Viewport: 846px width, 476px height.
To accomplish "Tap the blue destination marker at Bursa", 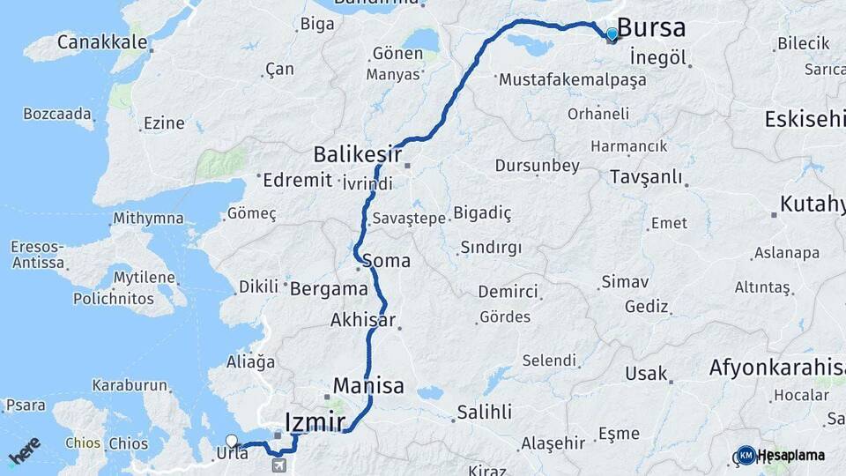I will [612, 34].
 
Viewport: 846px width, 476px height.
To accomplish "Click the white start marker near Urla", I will [232, 441].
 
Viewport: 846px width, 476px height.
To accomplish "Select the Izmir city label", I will [315, 421].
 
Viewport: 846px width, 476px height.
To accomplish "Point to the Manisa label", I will [368, 385].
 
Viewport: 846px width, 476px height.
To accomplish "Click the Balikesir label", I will [357, 155].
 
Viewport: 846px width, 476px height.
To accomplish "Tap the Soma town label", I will [386, 261].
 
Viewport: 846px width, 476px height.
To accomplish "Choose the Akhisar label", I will [362, 320].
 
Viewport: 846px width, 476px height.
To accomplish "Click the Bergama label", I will [328, 288].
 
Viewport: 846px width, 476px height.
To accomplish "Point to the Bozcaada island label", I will [57, 114].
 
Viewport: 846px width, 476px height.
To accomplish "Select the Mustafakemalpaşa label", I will [572, 79].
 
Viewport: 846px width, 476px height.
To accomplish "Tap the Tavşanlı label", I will [646, 177].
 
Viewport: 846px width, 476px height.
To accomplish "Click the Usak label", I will [646, 374].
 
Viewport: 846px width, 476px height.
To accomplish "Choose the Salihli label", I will [483, 412].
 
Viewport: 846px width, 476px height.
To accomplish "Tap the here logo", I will [24, 450].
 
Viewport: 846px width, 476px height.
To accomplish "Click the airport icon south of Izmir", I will [279, 465].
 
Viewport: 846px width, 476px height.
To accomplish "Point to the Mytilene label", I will [145, 277].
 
